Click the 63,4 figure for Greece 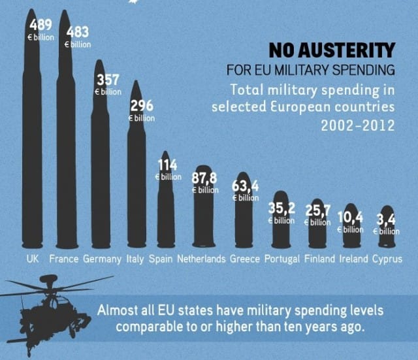(x=246, y=186)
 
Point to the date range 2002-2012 (x=357, y=124)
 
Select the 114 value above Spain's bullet (x=168, y=165)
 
